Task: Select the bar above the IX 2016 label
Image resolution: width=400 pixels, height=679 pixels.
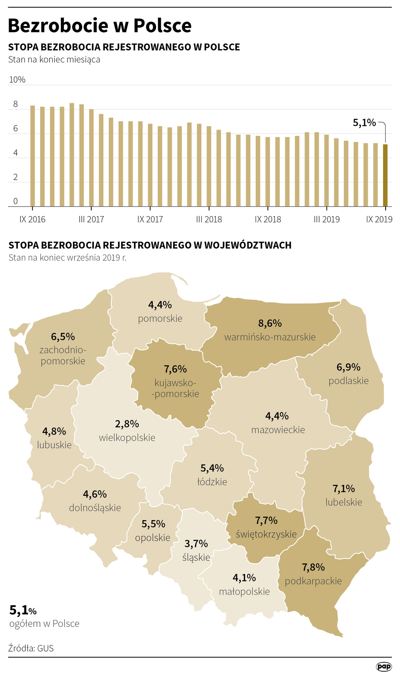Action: [x=33, y=156]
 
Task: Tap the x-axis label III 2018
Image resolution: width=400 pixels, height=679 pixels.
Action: [x=209, y=219]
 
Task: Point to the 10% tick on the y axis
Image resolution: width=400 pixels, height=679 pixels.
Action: [x=17, y=79]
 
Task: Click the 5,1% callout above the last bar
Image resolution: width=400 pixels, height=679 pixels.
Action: [x=364, y=123]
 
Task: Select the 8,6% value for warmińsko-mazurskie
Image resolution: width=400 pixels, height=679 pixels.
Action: [x=270, y=323]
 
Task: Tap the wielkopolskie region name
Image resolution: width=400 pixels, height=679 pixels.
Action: [x=127, y=438]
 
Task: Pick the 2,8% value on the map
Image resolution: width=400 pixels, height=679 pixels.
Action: [x=127, y=424]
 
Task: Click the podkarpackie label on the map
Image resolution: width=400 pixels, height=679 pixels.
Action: [x=313, y=581]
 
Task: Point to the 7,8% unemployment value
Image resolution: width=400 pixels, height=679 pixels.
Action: [x=313, y=567]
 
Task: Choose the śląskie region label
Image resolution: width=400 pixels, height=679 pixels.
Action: [x=197, y=557]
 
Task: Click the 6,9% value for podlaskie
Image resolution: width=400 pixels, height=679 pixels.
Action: [x=349, y=367]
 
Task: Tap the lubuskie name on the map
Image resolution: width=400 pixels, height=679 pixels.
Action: [x=54, y=445]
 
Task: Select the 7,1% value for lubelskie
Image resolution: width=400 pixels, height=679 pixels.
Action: [x=344, y=489]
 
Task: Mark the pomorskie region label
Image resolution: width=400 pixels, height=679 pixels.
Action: [x=160, y=318]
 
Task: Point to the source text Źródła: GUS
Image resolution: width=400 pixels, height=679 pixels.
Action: [x=31, y=648]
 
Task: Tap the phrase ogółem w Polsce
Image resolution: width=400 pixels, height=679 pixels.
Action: [x=44, y=624]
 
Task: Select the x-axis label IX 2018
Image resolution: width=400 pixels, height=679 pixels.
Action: [x=268, y=219]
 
